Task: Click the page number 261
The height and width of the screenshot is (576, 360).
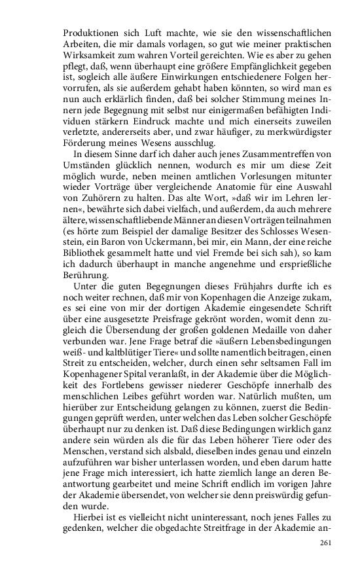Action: coord(327,543)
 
